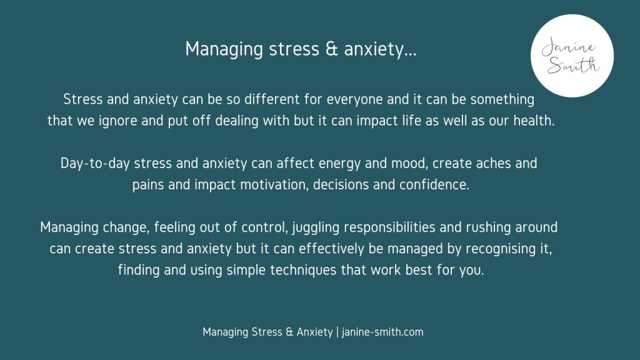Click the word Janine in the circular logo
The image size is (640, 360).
tap(567, 47)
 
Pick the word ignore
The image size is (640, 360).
tap(117, 121)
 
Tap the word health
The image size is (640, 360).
tap(534, 121)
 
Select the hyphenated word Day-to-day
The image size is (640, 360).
tap(95, 164)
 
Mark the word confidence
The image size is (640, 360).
tap(434, 184)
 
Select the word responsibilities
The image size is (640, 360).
tap(389, 227)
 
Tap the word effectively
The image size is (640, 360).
tap(331, 249)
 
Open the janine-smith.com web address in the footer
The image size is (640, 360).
tap(382, 332)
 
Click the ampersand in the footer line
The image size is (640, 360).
tap(289, 332)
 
